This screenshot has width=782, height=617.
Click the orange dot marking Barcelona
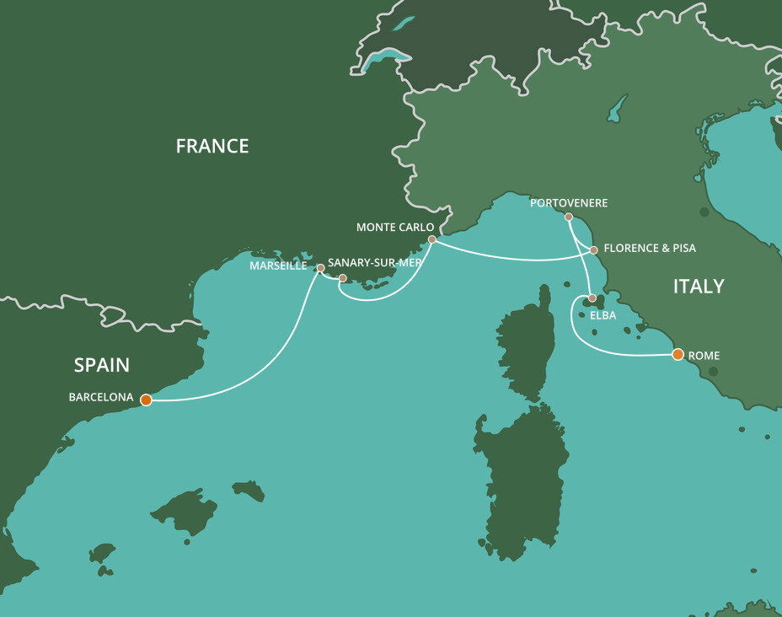[x=146, y=400]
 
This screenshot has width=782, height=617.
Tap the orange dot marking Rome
[x=678, y=355]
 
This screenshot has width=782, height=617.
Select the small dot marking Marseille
[x=320, y=268]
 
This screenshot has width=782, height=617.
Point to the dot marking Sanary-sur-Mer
[x=343, y=277]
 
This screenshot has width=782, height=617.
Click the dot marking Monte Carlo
[x=431, y=240]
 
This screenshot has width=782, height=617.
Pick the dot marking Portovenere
[x=569, y=217]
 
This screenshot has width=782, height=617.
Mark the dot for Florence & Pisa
[x=594, y=249]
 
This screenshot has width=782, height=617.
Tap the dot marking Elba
[x=592, y=298]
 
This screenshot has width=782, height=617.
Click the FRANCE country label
[x=212, y=147]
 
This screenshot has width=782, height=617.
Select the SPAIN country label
[x=102, y=365]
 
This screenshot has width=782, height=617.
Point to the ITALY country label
[x=699, y=287]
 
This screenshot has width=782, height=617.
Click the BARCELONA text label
[x=101, y=397]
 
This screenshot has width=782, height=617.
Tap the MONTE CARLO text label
[x=395, y=228]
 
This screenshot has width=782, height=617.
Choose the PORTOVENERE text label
[x=569, y=203]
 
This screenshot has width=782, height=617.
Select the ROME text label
[x=704, y=355]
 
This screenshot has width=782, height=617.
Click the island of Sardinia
[x=521, y=480]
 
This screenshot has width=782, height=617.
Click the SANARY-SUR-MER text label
[x=374, y=262]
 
